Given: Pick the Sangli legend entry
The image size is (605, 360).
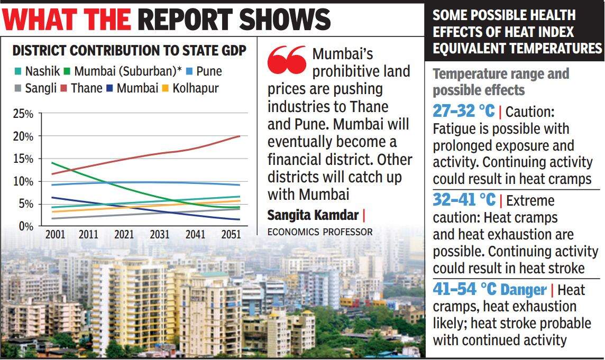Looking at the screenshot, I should [x=36, y=88].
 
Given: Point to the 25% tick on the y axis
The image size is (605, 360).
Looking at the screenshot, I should [x=23, y=114].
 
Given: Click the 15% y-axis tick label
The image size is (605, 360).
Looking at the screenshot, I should [x=23, y=159].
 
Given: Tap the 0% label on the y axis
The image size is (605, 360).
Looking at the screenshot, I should [x=25, y=226].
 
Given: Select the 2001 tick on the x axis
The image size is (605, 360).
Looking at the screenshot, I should [x=55, y=234].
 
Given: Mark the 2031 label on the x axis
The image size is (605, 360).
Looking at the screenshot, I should [x=160, y=234].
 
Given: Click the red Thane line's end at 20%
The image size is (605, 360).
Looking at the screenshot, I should [x=240, y=136].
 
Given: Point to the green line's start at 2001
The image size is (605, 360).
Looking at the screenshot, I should [x=51, y=163].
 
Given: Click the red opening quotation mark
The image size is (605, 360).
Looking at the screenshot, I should [x=287, y=59].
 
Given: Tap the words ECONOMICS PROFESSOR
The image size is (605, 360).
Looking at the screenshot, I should [x=319, y=232].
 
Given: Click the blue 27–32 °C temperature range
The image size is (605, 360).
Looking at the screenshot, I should [x=463, y=111].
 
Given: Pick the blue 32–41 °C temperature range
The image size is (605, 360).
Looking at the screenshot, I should [x=464, y=200].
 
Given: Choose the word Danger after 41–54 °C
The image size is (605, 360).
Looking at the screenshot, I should [x=523, y=290].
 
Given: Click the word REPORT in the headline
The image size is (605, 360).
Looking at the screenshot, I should [x=185, y=20].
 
